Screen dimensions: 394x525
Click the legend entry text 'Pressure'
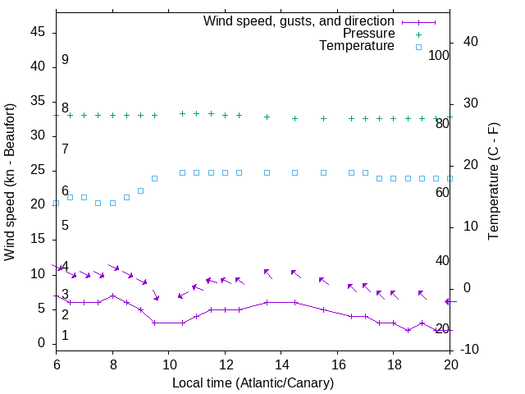(x=368, y=34)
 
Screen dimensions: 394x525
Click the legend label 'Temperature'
(x=357, y=46)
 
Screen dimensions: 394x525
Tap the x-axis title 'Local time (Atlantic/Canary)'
(x=253, y=383)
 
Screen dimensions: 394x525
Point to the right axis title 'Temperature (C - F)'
(x=493, y=182)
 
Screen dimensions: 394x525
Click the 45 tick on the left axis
(x=38, y=32)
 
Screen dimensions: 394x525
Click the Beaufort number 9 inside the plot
(x=65, y=60)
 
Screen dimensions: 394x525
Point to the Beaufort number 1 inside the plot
(x=65, y=336)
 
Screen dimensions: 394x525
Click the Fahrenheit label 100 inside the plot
(x=439, y=55)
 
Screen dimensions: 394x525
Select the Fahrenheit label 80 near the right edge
(x=442, y=124)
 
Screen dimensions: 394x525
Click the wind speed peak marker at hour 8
(x=112, y=295)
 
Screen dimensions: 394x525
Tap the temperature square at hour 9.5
(x=154, y=178)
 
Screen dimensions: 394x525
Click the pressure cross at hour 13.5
(x=267, y=117)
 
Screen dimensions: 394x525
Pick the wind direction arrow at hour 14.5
(x=295, y=274)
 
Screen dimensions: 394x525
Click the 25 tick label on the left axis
(x=38, y=170)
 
